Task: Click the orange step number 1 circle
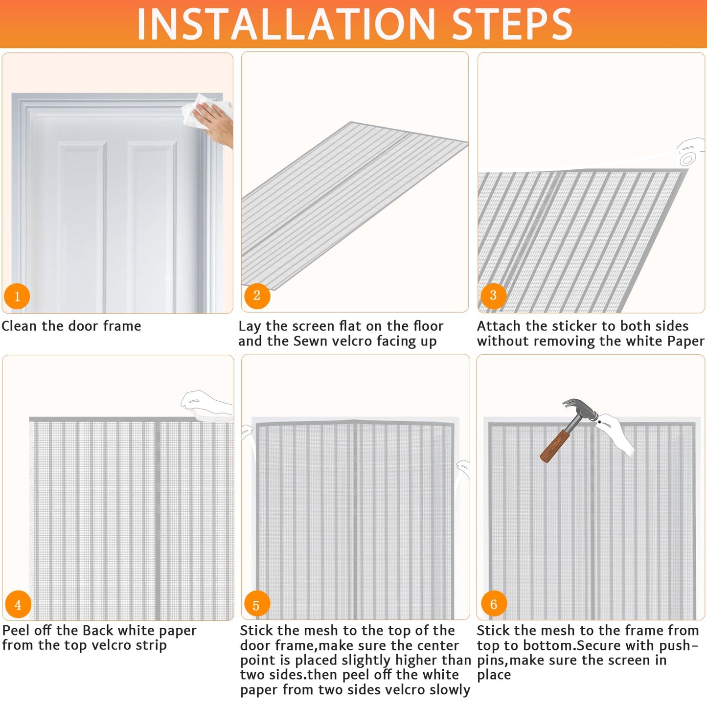17,296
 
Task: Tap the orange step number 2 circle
257,296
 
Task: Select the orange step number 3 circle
493,296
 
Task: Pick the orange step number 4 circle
18,605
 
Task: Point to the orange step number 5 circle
256,606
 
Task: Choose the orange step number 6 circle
493,605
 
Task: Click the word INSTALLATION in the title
286,24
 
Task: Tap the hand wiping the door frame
215,122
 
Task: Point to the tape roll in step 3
687,159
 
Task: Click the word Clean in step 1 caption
20,326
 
